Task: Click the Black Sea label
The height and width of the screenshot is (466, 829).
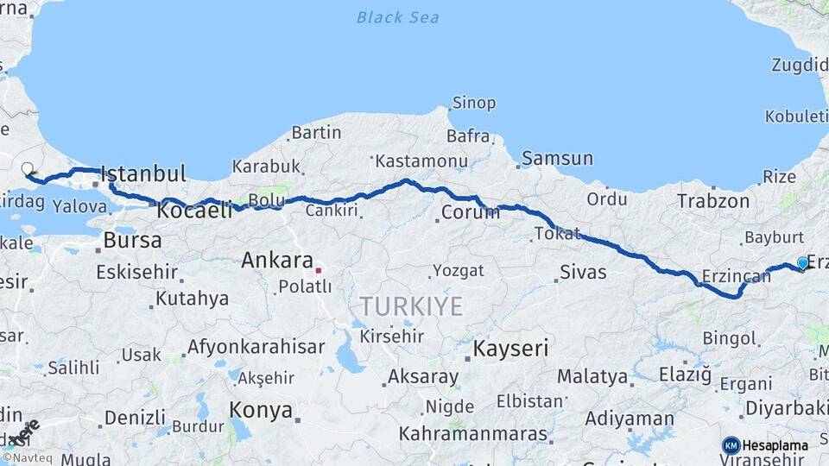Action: [x=397, y=17]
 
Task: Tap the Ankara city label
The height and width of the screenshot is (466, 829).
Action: [x=276, y=260]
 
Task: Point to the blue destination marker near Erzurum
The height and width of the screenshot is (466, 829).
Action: [x=802, y=263]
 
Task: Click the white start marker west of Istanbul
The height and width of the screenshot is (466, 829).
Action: [x=27, y=169]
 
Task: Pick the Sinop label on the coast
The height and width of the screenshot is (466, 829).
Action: [x=474, y=104]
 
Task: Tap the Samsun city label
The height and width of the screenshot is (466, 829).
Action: [x=557, y=158]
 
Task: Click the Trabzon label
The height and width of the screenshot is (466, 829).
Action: [x=713, y=200]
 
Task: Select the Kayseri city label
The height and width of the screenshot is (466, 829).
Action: [x=510, y=349]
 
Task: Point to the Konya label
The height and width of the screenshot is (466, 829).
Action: [x=261, y=411]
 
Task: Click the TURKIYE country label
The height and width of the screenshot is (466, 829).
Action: [x=411, y=306]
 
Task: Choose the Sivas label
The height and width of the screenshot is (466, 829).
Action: [x=584, y=273]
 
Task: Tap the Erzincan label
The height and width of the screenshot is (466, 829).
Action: [x=736, y=277]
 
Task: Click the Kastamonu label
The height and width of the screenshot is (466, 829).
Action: [x=421, y=161]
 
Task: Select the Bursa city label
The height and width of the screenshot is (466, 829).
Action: [x=132, y=240]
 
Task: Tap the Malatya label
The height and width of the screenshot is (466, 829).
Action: [x=592, y=376]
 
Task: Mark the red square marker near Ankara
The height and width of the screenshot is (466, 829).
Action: [x=318, y=270]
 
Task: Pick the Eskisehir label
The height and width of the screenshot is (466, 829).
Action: [x=136, y=273]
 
